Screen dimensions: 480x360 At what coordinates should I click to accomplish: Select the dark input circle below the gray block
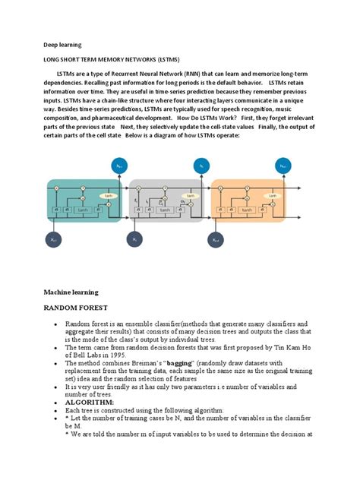click(135, 239)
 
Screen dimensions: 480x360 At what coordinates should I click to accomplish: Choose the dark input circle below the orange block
click(217, 239)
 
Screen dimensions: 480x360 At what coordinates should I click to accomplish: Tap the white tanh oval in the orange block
click(272, 196)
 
